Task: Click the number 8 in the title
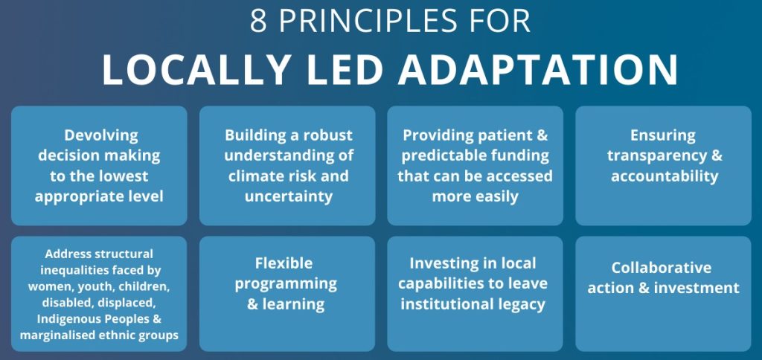coord(258,21)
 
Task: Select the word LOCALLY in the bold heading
coord(196,70)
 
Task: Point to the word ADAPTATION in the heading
coord(538,70)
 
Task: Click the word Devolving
coord(101,135)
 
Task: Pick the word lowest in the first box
coord(124,176)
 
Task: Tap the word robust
coord(328,135)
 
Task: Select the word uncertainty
coord(289,197)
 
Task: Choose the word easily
coord(495,197)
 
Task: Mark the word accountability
coord(665,176)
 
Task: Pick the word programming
coord(286,284)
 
